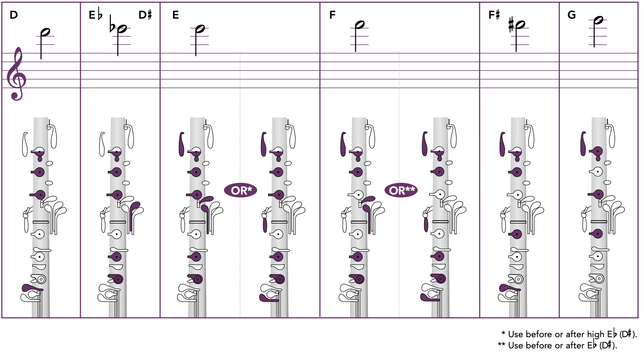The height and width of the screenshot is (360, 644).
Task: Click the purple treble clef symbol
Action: pyautogui.click(x=16, y=74)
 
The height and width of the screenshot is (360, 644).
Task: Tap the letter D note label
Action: pyautogui.click(x=14, y=15)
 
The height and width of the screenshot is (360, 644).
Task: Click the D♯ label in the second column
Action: pyautogui.click(x=145, y=15)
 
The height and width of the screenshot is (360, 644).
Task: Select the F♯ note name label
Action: pyautogui.click(x=494, y=15)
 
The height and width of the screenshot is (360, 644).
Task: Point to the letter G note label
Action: pyautogui.click(x=571, y=15)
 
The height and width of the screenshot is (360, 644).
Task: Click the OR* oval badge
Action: pyautogui.click(x=240, y=190)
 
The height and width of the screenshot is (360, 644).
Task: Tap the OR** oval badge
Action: pyautogui.click(x=401, y=190)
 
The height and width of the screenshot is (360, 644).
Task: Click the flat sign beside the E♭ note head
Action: pyautogui.click(x=112, y=24)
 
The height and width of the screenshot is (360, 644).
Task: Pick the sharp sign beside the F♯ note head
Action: pyautogui.click(x=511, y=25)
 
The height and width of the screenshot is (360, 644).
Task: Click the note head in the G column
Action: pyautogui.click(x=598, y=20)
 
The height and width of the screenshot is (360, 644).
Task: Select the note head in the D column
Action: pyautogui.click(x=45, y=32)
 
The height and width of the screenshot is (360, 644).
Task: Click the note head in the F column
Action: pyautogui.click(x=360, y=24)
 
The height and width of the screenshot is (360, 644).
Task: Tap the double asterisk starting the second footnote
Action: pyautogui.click(x=501, y=344)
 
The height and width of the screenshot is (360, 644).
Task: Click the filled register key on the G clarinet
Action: pyautogui.click(x=583, y=144)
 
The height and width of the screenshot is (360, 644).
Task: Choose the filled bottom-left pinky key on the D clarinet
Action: pyautogui.click(x=32, y=288)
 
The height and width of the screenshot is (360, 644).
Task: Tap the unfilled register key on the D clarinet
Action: pyautogui.click(x=25, y=144)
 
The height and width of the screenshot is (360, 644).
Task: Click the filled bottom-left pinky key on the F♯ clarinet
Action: pyautogui.click(x=509, y=288)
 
